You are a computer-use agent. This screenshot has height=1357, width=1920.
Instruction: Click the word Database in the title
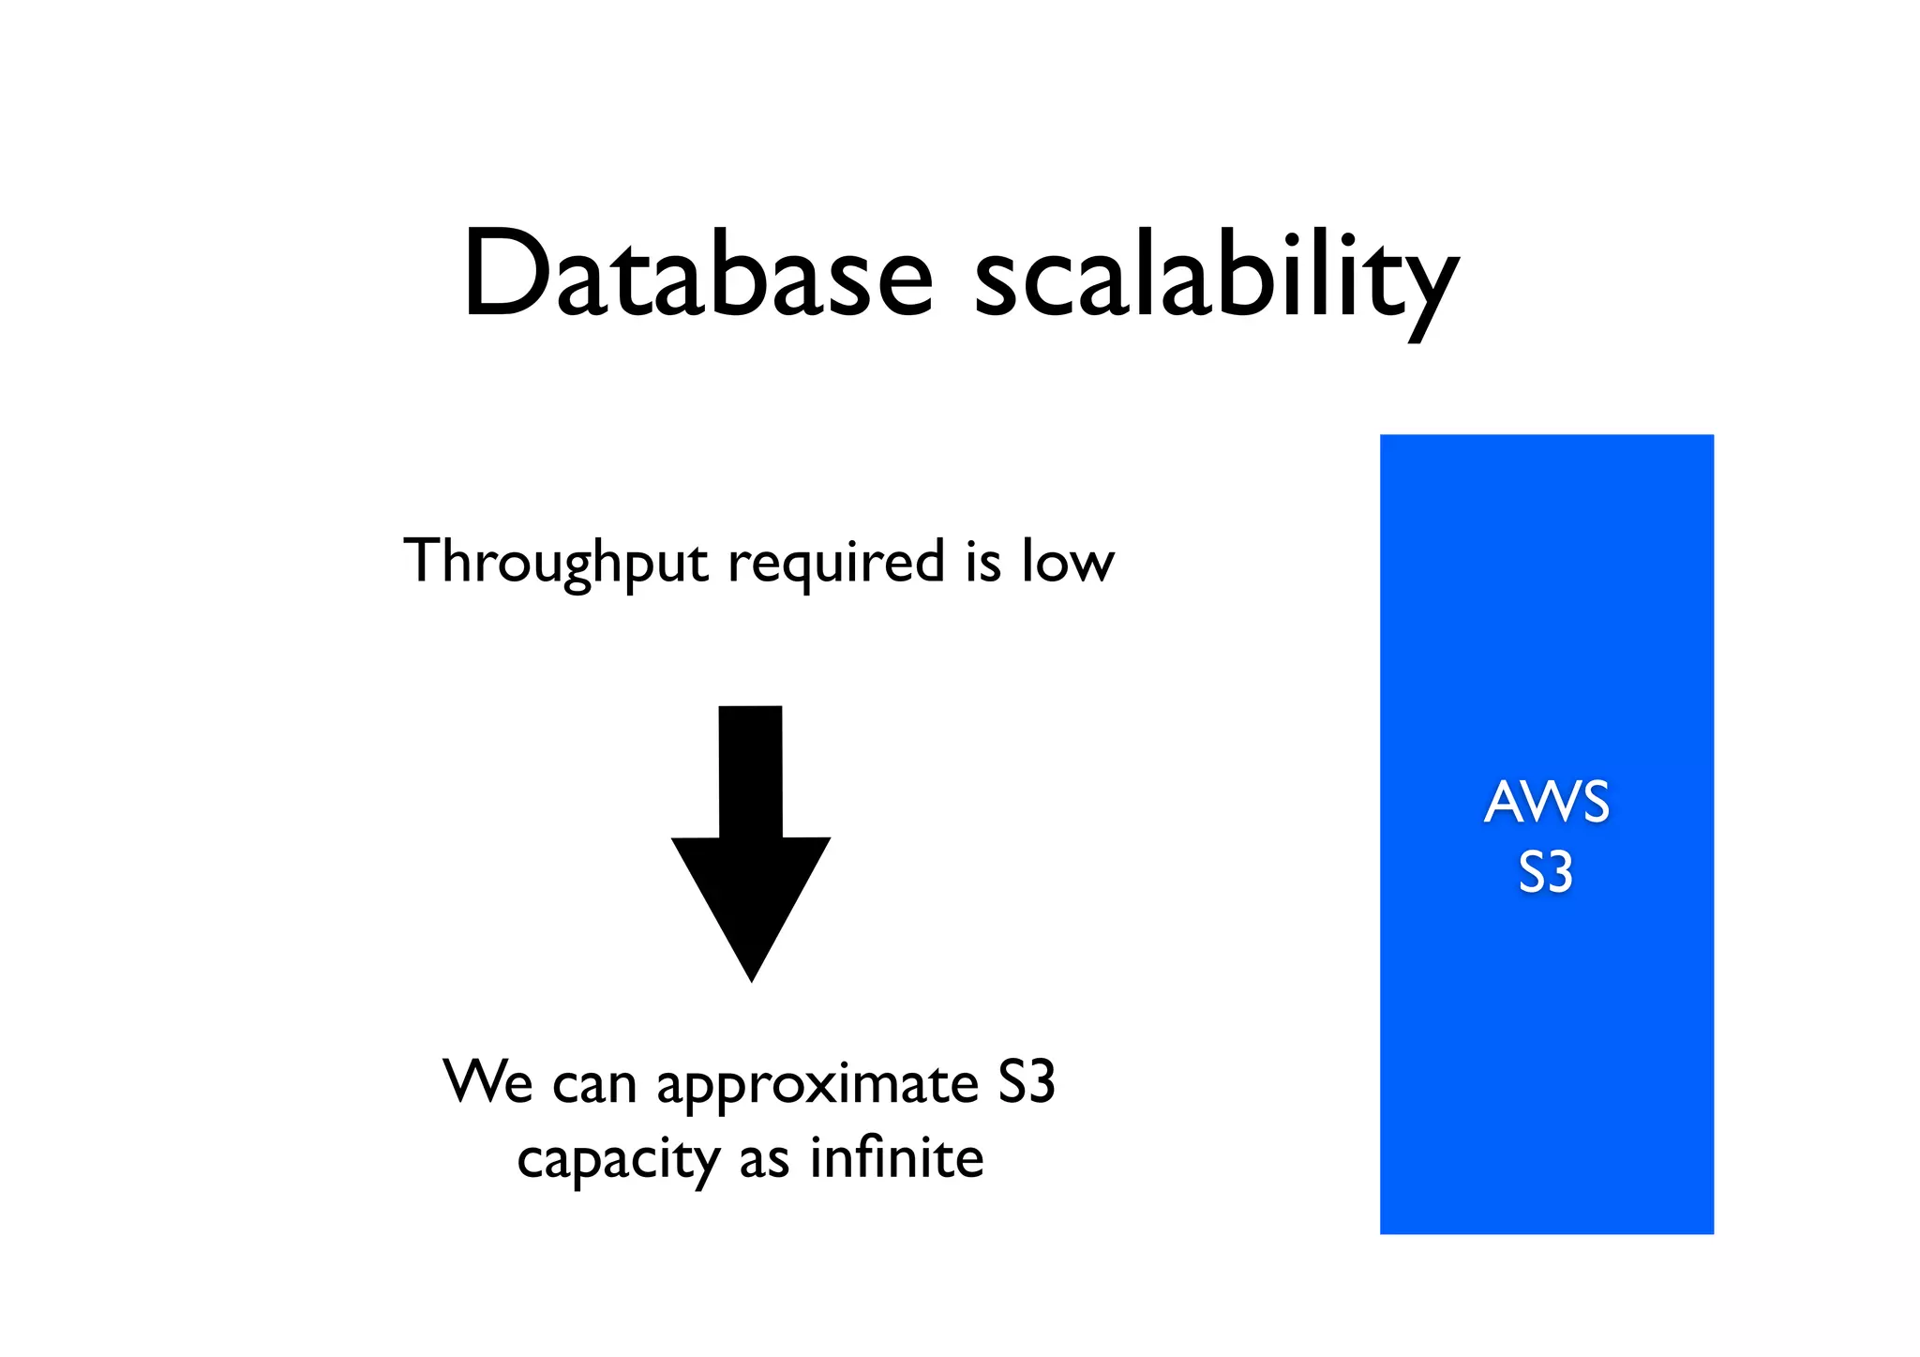coord(698,274)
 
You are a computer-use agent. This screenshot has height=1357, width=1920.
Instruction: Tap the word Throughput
coord(555,563)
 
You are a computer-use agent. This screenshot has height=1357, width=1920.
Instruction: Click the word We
coord(488,1082)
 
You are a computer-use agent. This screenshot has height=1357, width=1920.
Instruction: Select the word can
coord(594,1086)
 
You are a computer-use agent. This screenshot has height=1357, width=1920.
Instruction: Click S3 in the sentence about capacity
coord(1027,1082)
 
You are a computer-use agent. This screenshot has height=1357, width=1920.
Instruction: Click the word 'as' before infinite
coord(764,1161)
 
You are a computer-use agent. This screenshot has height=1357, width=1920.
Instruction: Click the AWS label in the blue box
coord(1547,803)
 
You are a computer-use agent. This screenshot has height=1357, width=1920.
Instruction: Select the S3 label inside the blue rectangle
coord(1545,873)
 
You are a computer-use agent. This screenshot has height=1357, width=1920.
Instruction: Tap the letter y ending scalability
coord(1427,291)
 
